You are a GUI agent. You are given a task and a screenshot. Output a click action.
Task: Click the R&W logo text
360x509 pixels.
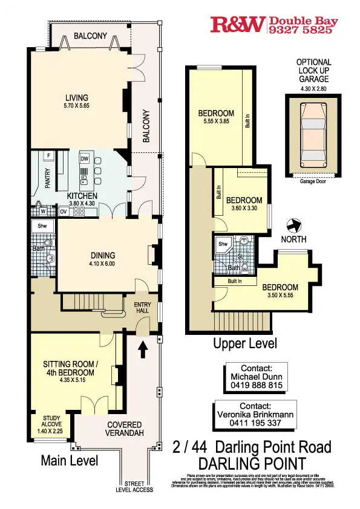(237, 24)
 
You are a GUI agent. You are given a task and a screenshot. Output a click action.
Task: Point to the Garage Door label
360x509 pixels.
(313, 180)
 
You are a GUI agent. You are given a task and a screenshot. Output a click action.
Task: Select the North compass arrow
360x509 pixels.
(295, 225)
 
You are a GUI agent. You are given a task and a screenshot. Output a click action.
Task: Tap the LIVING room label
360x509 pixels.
(77, 98)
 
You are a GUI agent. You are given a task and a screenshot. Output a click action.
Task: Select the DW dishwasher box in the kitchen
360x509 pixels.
(85, 158)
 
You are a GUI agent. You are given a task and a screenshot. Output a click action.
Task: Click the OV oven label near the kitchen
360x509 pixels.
(63, 212)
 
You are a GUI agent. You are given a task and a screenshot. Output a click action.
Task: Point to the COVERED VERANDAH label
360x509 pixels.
(124, 429)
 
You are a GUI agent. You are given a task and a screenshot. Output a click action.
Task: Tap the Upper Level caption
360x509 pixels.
(245, 344)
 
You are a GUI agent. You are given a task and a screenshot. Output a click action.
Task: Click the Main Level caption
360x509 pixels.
(69, 461)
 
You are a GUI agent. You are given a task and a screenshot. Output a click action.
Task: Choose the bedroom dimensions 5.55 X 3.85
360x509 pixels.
(216, 122)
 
